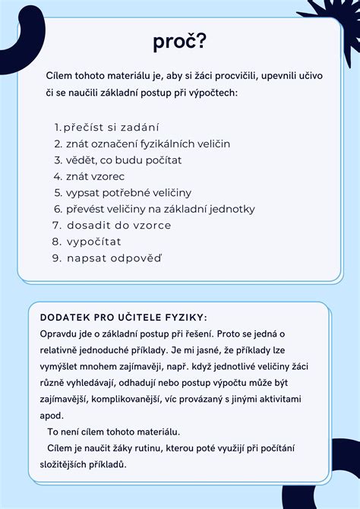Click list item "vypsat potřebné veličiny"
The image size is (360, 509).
[x=128, y=192]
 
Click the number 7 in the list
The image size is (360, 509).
[x=56, y=226]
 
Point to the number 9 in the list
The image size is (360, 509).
[x=56, y=258]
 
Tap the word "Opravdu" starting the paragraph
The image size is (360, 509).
[x=58, y=334]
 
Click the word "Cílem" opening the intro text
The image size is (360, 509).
[x=59, y=77]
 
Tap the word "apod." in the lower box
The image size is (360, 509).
[x=52, y=416]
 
